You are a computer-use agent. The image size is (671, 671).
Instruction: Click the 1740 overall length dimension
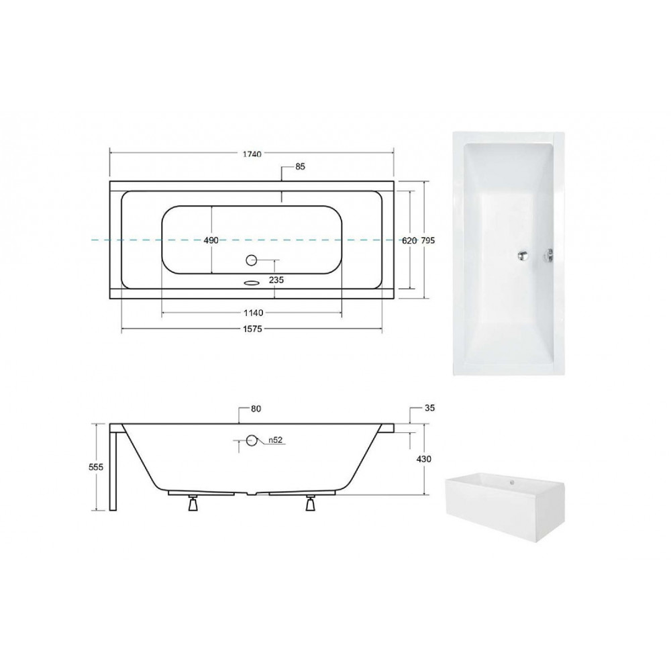(252, 154)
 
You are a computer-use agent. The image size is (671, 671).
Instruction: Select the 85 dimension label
(300, 166)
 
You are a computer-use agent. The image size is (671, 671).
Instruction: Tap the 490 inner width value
(211, 240)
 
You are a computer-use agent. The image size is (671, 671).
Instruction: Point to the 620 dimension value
(409, 241)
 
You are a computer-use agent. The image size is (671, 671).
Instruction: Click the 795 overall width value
(428, 241)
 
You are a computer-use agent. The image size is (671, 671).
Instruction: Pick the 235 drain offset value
(276, 280)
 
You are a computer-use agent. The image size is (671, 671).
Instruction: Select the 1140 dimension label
(254, 313)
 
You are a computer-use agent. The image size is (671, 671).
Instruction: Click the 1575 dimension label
(252, 329)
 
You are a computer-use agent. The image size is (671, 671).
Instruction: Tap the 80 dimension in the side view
(256, 409)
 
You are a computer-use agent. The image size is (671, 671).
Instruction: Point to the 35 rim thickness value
(429, 408)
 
